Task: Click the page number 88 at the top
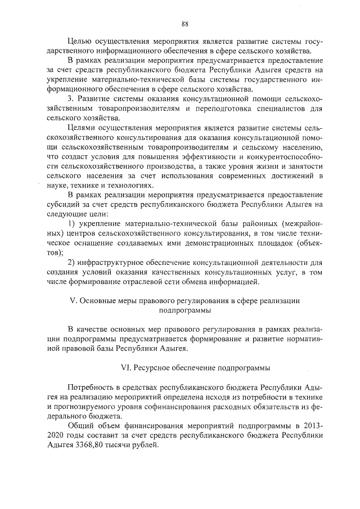(184, 23)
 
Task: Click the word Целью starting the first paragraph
(79, 41)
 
